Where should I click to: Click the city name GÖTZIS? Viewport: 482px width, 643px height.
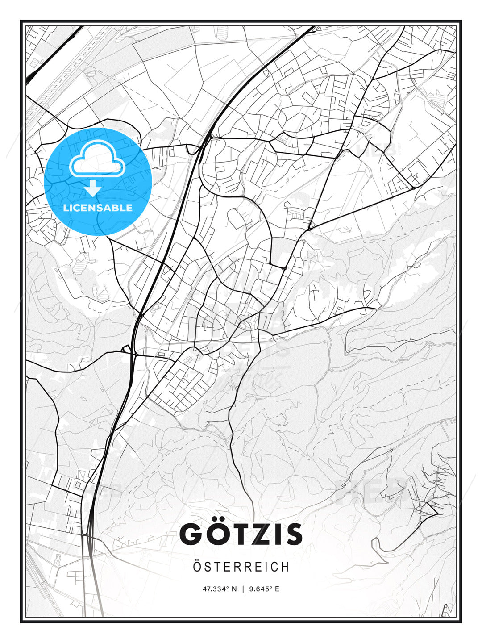pos(241,534)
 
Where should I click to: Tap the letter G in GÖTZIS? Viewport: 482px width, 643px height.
pos(193,534)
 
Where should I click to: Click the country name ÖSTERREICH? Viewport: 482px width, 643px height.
pos(241,567)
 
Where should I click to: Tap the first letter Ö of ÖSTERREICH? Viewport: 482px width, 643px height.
pos(198,567)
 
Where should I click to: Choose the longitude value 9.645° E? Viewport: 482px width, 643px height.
pos(264,589)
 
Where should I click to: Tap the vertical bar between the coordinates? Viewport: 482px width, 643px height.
pos(243,589)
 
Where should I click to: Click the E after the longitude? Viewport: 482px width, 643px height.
pos(277,589)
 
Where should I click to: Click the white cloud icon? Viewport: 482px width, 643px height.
pos(96,160)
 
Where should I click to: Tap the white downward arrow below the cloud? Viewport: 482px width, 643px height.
pos(93,188)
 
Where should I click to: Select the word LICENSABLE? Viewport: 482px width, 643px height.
pos(98,208)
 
